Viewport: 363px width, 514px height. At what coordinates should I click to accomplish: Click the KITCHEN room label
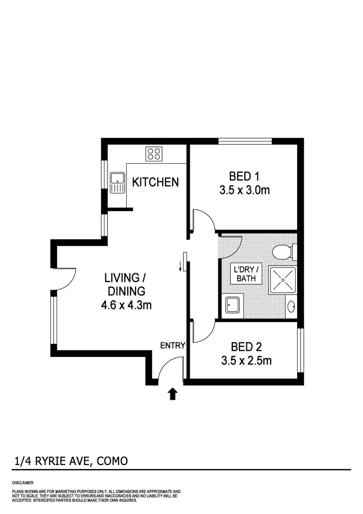click(155, 182)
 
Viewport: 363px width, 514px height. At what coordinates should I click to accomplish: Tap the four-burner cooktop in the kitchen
click(154, 154)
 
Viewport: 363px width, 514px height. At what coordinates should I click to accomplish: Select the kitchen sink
click(117, 183)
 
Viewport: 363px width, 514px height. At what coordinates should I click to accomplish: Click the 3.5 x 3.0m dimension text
click(244, 190)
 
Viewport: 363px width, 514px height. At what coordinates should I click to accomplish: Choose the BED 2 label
click(246, 347)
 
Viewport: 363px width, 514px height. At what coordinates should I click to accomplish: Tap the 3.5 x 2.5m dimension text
click(246, 361)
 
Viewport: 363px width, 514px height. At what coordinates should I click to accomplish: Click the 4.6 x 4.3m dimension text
click(125, 305)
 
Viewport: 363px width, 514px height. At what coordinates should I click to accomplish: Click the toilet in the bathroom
click(283, 252)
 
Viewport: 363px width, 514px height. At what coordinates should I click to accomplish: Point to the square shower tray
click(282, 280)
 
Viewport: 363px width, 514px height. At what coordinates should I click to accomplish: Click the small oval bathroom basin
click(291, 306)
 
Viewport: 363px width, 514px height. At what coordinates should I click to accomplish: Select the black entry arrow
click(172, 394)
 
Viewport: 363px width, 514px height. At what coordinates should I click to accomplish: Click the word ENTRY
click(173, 345)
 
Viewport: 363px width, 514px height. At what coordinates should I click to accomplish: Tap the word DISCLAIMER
click(23, 483)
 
